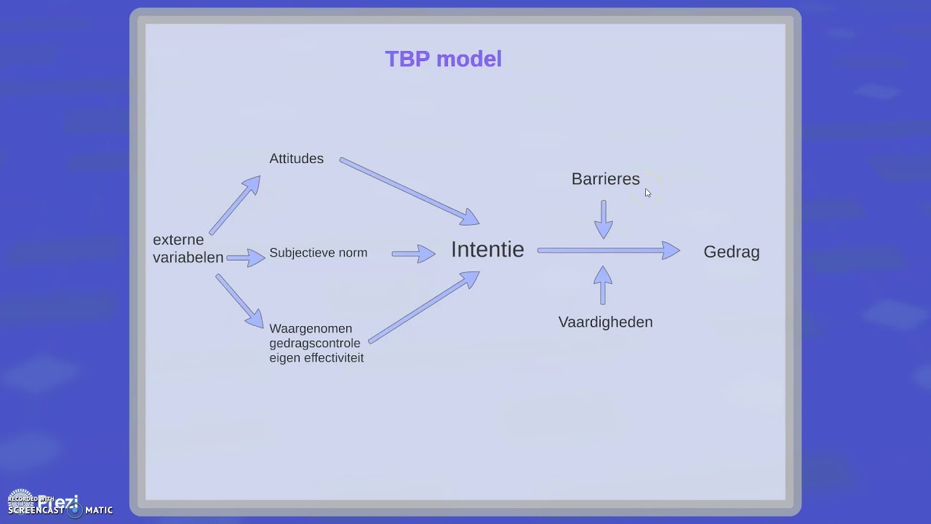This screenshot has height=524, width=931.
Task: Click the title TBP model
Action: [x=443, y=59]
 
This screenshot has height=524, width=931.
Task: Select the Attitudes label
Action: [x=296, y=159]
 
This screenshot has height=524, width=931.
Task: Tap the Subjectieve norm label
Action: [x=318, y=253]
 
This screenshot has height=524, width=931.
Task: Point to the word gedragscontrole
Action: [x=314, y=344]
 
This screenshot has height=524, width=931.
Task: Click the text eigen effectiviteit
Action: [x=316, y=358]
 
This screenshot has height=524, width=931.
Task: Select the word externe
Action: [x=178, y=240]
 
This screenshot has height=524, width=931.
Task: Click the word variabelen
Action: [x=188, y=258]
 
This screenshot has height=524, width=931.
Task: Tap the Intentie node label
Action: [x=487, y=250]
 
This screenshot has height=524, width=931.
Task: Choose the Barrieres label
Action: [x=605, y=179]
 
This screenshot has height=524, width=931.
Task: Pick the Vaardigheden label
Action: [x=605, y=322]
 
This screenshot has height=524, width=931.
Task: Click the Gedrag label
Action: [x=731, y=252]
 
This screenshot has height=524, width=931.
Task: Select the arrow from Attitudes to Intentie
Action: [x=409, y=191]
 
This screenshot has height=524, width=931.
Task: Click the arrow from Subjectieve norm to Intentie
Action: [x=414, y=254]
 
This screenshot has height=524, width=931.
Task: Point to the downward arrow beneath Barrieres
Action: [x=604, y=220]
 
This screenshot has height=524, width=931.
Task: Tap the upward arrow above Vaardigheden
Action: [x=602, y=285]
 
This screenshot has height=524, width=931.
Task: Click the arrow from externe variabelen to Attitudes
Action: [x=235, y=205]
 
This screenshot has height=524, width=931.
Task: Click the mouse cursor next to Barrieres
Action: [x=647, y=193]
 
